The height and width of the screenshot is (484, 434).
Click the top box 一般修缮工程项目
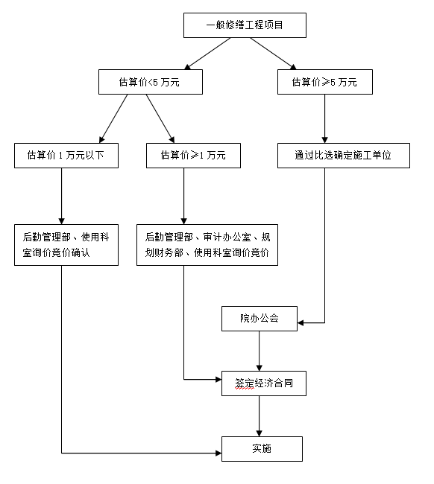pos(245,25)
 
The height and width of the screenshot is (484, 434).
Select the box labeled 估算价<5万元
pos(151,82)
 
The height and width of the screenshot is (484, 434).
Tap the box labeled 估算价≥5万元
pos(325,82)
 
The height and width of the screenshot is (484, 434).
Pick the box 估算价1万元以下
pos(66,156)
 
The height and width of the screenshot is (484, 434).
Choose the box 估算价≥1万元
pos(193,156)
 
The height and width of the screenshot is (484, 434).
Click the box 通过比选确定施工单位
pos(344,156)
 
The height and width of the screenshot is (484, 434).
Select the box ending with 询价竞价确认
pos(66,245)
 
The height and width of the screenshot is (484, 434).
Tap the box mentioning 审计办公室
pos(207,245)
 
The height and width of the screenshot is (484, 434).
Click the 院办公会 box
pos(260,319)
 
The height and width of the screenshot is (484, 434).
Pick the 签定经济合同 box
pos(264,383)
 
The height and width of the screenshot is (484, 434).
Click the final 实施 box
pos(262,449)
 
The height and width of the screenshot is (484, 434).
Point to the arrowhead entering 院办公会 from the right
pos(301,323)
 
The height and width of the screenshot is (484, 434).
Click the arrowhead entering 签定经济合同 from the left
pos(218,379)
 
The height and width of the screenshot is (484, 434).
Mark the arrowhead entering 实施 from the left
pos(218,453)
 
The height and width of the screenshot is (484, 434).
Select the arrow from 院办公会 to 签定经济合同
pos(260,351)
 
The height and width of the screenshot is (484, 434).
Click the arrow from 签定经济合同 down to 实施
pos(260,416)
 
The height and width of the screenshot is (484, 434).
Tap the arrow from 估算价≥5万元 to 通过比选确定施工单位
pos(324,119)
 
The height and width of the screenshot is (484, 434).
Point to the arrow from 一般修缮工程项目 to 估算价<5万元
pos(207,54)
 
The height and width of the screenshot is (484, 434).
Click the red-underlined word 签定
pos(245,383)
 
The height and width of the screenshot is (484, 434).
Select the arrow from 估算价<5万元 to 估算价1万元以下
pos(113,119)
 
